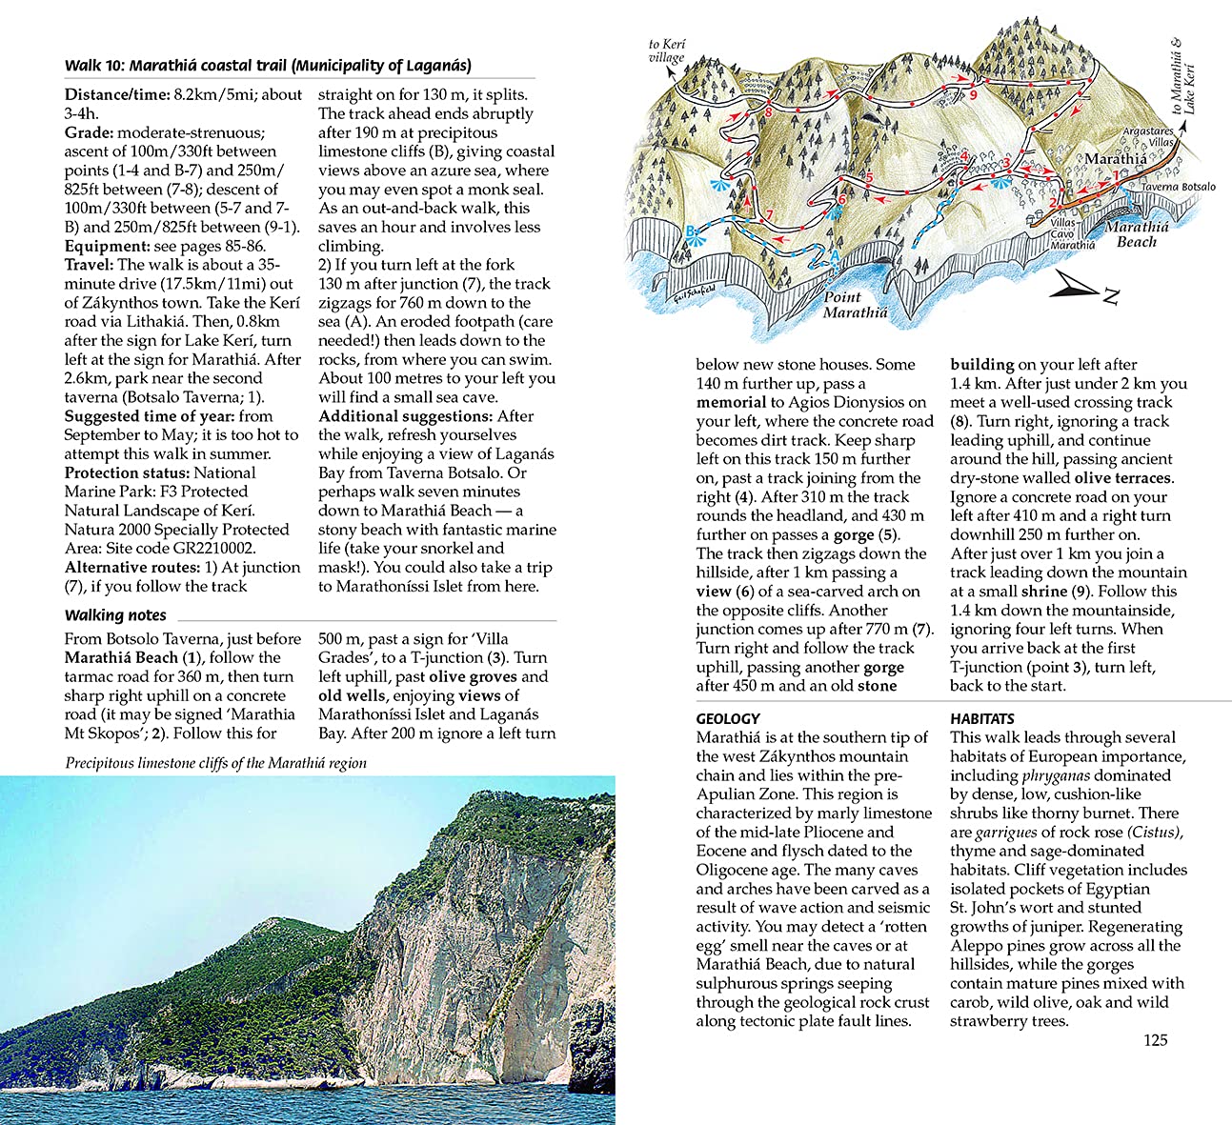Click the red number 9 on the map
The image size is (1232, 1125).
973,94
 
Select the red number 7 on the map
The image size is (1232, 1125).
770,214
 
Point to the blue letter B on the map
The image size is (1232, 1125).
691,231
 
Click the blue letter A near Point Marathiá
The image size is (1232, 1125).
835,255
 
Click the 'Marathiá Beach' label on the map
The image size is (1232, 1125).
1137,234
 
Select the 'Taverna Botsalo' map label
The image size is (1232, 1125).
1179,187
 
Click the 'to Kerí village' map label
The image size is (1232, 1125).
666,50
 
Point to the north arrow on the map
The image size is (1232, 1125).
1084,285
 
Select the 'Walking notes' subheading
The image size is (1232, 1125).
115,615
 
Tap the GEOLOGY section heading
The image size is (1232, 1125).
728,718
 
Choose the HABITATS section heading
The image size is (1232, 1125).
982,718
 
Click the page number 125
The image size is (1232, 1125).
1155,1039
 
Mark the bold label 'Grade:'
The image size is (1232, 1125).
89,132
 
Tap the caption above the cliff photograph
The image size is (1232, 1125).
216,762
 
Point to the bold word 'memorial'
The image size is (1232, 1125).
731,402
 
